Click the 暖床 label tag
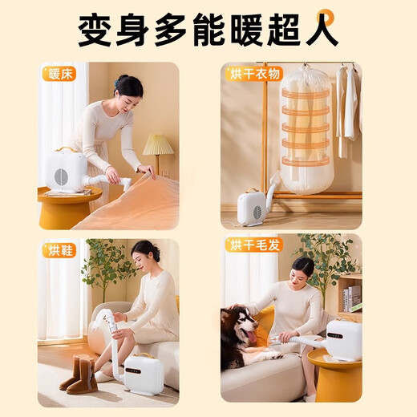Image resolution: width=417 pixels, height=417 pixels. pyautogui.click(x=60, y=75)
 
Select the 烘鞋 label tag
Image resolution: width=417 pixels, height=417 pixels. pyautogui.click(x=60, y=249)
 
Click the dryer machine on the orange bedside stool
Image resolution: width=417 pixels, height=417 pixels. pyautogui.click(x=66, y=169)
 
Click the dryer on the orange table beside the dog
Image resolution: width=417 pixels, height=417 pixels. pyautogui.click(x=342, y=339)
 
